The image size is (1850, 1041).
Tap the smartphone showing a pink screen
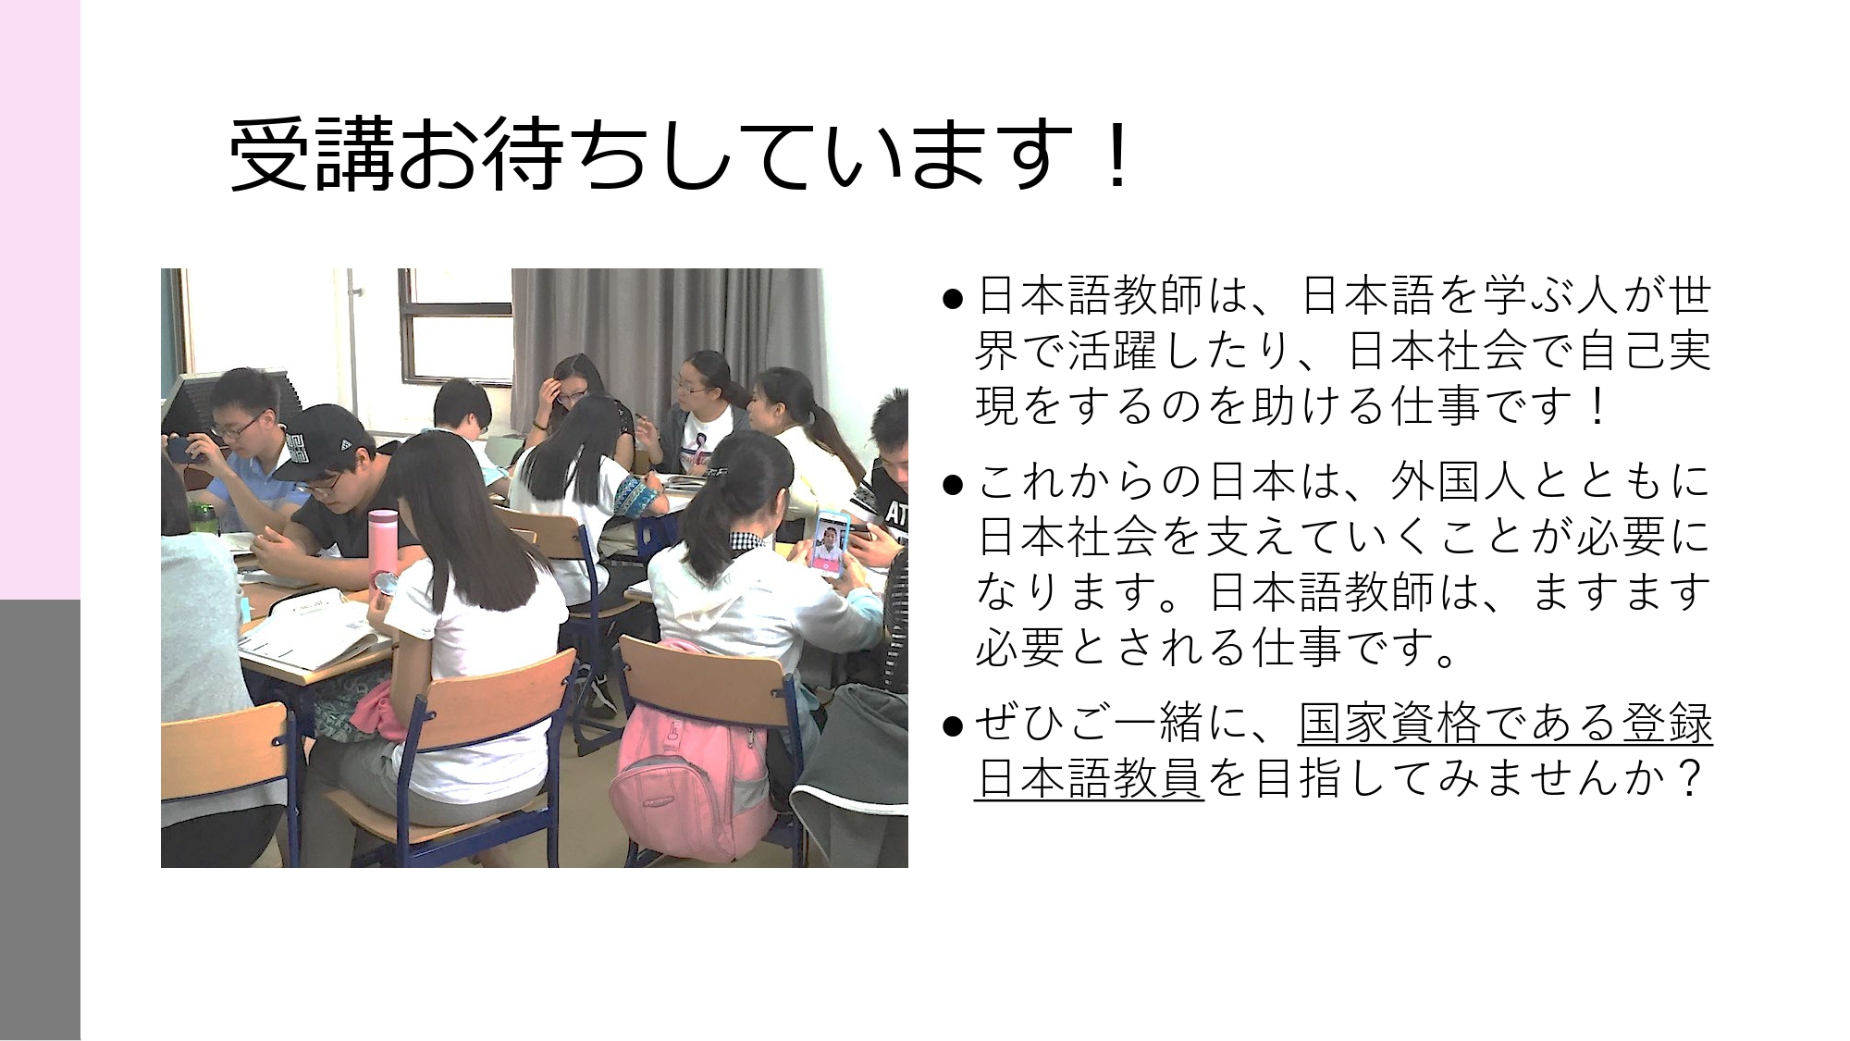pyautogui.click(x=829, y=544)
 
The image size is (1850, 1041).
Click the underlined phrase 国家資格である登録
pyautogui.click(x=1506, y=724)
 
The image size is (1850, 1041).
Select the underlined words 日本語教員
pyautogui.click(x=1090, y=778)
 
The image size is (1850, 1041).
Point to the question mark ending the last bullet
pyautogui.click(x=1689, y=778)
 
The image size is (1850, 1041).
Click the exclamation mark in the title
pyautogui.click(x=1117, y=155)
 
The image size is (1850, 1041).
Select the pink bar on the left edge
pyautogui.click(x=40, y=300)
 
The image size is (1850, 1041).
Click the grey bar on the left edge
pyautogui.click(x=40, y=820)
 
